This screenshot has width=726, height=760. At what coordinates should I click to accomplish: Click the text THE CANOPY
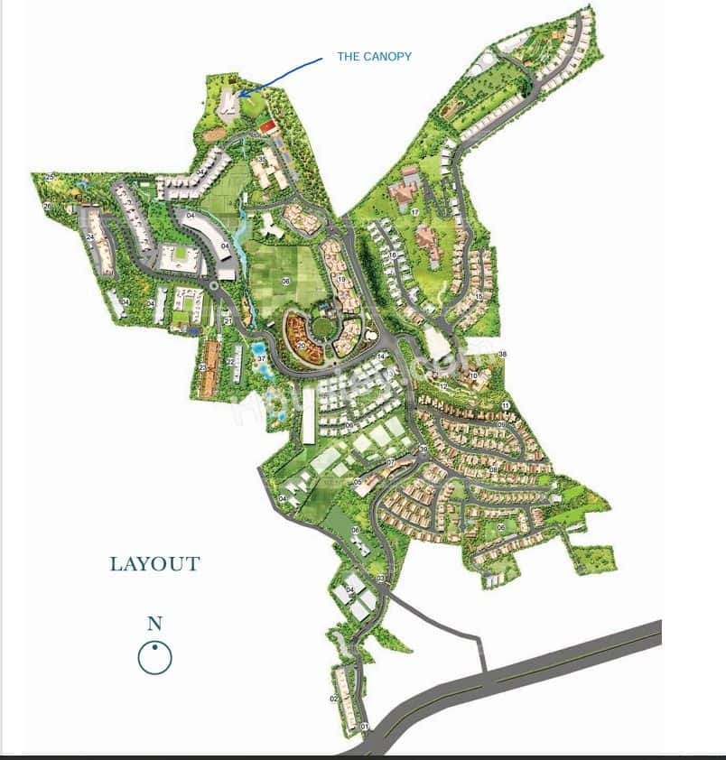click(x=374, y=57)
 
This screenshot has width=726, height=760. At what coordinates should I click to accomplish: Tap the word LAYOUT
click(x=154, y=564)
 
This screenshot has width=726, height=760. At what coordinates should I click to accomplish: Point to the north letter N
click(x=154, y=623)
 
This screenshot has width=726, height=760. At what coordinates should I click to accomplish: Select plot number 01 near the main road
click(x=364, y=727)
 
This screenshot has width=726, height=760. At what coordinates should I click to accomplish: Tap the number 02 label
click(x=333, y=699)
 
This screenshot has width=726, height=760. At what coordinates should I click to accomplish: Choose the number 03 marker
click(x=381, y=578)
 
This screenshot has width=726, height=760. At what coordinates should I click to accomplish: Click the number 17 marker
click(x=414, y=212)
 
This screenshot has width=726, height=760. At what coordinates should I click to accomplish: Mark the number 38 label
click(x=503, y=353)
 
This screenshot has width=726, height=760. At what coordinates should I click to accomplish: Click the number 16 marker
click(x=393, y=255)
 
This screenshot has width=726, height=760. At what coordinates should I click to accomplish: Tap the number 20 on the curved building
click(x=302, y=345)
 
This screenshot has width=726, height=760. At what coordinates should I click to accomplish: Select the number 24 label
click(x=91, y=237)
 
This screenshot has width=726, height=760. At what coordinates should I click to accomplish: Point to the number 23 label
click(x=202, y=368)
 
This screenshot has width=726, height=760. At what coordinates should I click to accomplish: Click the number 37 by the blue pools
click(x=261, y=358)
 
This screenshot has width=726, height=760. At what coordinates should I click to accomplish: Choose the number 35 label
click(x=261, y=161)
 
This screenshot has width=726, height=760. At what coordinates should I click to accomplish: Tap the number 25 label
click(x=50, y=176)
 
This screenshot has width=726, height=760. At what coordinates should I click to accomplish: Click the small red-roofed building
click(x=266, y=127)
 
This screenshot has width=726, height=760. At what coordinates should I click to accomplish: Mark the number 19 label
click(x=341, y=280)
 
